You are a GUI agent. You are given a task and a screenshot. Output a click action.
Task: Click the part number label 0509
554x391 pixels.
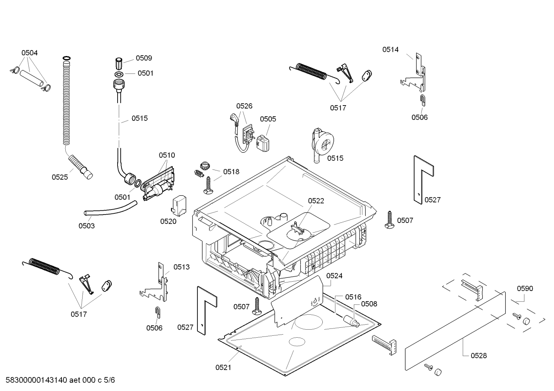(x=144, y=58)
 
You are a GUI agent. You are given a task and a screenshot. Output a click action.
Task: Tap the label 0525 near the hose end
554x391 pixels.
(x=60, y=177)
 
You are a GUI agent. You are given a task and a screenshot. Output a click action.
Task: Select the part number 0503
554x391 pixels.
(x=86, y=226)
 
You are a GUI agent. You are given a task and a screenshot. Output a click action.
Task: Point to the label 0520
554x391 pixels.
(x=168, y=221)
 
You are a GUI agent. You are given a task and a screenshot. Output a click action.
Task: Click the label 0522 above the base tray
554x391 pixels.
(x=316, y=201)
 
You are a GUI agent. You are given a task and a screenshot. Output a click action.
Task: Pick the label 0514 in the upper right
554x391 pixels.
(x=390, y=49)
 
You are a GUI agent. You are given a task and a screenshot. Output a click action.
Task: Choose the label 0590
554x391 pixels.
(x=525, y=289)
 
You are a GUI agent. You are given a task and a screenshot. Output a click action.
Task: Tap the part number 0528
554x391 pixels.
(x=479, y=356)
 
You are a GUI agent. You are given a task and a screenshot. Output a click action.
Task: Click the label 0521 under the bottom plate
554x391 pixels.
(x=223, y=368)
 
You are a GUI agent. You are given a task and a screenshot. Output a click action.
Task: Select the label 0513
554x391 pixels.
(x=181, y=267)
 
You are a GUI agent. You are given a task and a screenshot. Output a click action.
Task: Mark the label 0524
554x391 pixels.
(x=334, y=276)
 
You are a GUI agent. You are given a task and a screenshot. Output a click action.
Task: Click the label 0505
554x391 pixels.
(x=268, y=119)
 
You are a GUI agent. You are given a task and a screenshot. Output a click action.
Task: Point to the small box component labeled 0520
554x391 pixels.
(x=179, y=206)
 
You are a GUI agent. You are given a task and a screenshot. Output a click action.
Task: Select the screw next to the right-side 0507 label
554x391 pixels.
(x=389, y=220)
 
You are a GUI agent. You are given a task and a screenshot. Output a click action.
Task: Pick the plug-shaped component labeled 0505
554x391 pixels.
(x=263, y=143)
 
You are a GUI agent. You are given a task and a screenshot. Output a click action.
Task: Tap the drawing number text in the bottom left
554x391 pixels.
(x=60, y=380)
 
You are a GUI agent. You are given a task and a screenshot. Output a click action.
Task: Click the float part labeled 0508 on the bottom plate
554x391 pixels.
(x=351, y=322)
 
